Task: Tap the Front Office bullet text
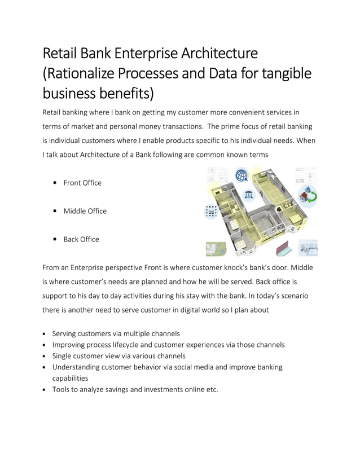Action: pyautogui.click(x=82, y=183)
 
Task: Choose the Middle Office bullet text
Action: pyautogui.click(x=85, y=211)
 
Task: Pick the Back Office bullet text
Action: pyautogui.click(x=81, y=239)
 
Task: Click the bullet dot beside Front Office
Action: pyautogui.click(x=54, y=183)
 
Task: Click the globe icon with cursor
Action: pyautogui.click(x=243, y=175)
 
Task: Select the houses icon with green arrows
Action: pyautogui.click(x=309, y=195)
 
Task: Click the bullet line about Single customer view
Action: pyautogui.click(x=118, y=356)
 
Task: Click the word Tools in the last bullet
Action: pyautogui.click(x=62, y=389)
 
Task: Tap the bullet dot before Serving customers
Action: pyautogui.click(x=45, y=333)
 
